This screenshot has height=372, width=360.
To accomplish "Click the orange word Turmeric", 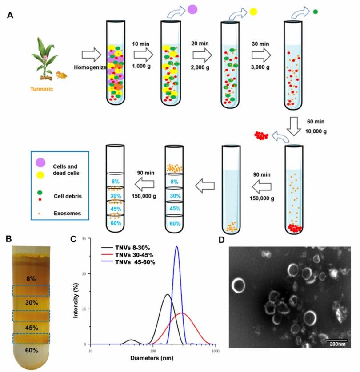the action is pos(42,89).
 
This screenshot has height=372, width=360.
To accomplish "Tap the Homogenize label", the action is pos(90,67).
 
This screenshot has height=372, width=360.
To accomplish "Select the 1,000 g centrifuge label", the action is pos(141,66).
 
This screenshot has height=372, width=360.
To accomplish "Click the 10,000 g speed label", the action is pos(316,131).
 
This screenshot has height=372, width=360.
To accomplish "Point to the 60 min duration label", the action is pos(316,122).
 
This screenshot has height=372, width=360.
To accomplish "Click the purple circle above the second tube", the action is pos(192,9).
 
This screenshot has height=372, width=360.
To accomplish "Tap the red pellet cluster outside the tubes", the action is pos(261,135).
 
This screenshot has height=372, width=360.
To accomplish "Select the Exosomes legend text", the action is pos(67,213).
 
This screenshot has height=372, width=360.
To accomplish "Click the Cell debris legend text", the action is pos(68,196).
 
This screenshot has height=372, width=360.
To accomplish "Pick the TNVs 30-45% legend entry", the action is pos(134,255).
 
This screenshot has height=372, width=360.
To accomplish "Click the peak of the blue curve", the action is pos(177,247).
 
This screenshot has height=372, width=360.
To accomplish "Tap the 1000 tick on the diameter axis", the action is pos(215,351).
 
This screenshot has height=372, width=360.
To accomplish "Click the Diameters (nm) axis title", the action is pos(152,358).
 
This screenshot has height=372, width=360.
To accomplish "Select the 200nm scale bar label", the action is pos(337,344).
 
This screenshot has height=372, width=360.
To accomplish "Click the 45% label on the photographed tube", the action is pos(32,328).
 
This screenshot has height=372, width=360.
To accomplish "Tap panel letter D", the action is pos(221,240).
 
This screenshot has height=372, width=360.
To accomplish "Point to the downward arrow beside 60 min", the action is pos(294,126).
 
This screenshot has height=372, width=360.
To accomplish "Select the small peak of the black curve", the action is pos(131,340).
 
